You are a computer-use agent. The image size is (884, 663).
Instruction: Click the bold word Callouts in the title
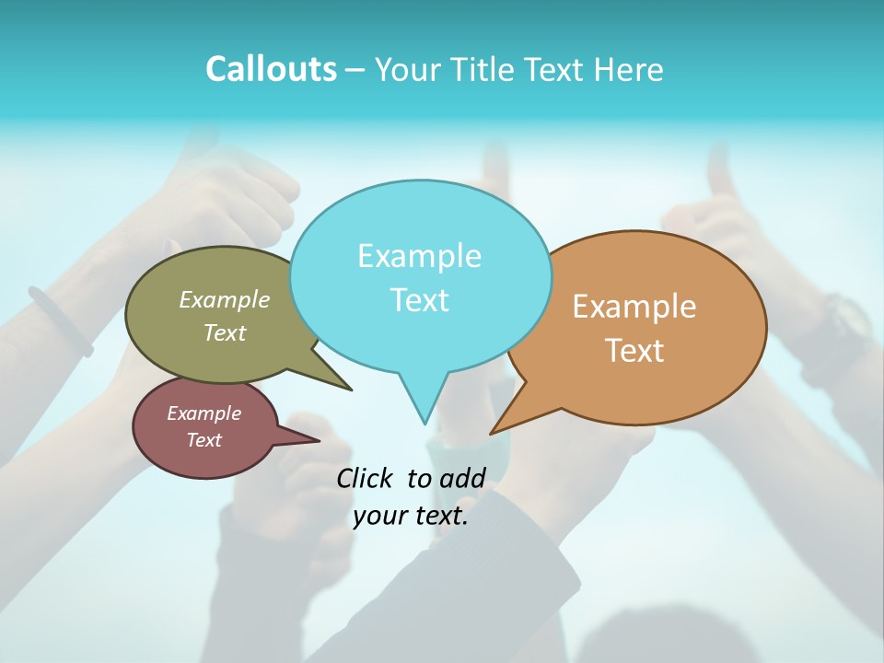click(x=271, y=69)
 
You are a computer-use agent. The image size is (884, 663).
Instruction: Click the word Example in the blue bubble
click(x=419, y=256)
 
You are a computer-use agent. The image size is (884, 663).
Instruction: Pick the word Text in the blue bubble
click(x=419, y=300)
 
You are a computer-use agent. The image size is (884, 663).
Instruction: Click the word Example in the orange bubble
click(x=634, y=307)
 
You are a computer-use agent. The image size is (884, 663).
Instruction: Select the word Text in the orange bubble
click(x=634, y=351)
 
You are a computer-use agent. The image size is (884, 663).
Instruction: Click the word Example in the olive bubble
click(x=225, y=299)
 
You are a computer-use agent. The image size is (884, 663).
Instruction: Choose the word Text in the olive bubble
click(x=225, y=332)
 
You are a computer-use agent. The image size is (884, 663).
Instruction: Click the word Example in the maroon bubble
click(x=204, y=413)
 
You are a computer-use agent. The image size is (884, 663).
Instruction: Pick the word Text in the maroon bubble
click(x=204, y=440)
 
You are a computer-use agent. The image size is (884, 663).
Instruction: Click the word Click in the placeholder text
click(x=366, y=478)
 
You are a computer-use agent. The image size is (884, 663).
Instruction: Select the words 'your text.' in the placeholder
click(x=411, y=516)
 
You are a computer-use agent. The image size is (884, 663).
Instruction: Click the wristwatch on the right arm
click(x=845, y=318)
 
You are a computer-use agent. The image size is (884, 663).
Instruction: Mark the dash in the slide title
click(x=356, y=70)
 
